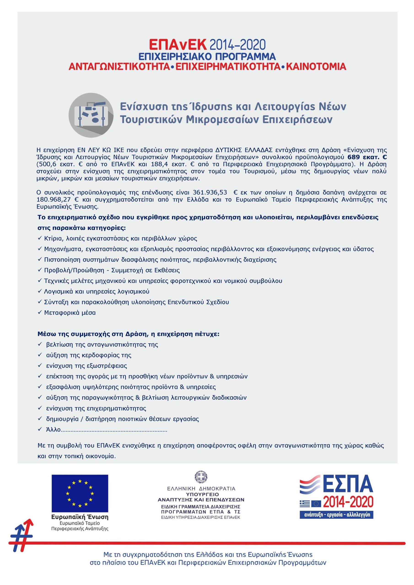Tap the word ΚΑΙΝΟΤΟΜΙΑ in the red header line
316,66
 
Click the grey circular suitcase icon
91,115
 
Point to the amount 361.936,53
210,192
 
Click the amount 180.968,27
53,199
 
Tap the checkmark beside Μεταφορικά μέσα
40,312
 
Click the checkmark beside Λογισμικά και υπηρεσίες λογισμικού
40,291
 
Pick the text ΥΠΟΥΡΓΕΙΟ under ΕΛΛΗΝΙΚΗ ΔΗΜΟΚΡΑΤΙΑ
201,494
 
